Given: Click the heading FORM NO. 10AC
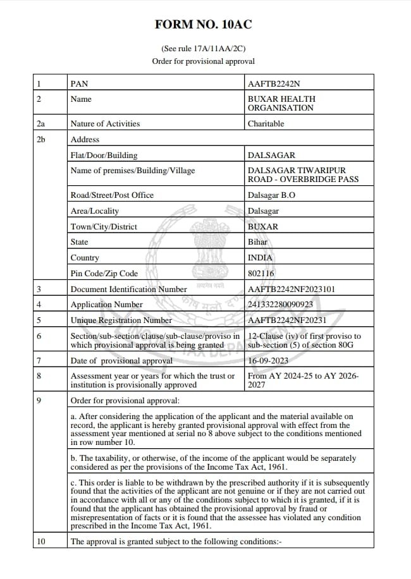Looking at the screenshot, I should tap(203, 25).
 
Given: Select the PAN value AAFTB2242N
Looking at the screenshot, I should tap(274, 83).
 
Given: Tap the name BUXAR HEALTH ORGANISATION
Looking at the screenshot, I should tap(281, 104).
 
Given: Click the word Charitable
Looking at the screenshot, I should tap(266, 124).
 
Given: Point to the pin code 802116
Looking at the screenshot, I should tap(261, 274).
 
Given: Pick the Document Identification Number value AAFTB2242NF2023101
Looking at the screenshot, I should tap(291, 289).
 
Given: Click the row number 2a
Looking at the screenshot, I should tap(41, 124).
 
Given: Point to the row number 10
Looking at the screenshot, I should tap(42, 542).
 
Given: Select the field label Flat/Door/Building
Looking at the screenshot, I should tap(104, 155).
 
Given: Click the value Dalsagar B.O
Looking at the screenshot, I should tap(271, 195).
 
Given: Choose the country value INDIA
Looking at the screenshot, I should tap(261, 258).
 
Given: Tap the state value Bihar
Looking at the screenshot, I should tap(258, 242).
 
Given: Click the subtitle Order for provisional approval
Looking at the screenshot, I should tap(203, 61).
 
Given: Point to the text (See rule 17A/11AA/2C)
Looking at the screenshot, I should tap(203, 49).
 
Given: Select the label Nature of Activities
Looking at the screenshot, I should tap(105, 124).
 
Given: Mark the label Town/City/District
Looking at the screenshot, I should tap(104, 227).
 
